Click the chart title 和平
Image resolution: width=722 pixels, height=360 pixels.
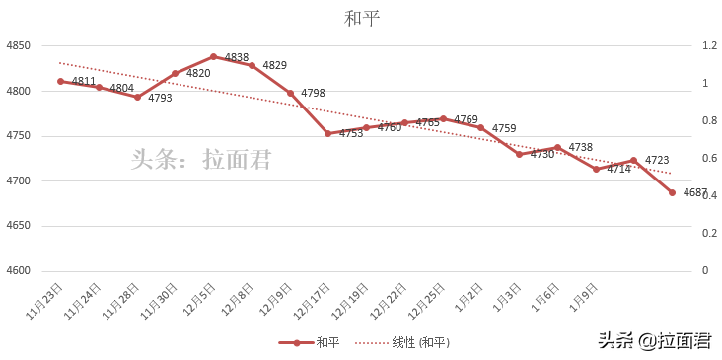pos(361,18)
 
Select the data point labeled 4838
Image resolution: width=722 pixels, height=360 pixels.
pos(213,56)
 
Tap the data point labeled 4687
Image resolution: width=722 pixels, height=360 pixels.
pos(672,192)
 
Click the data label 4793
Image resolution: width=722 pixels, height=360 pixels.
pos(160,98)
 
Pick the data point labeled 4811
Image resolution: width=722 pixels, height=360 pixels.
pos(60,81)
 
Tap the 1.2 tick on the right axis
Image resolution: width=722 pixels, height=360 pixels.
pos(709,46)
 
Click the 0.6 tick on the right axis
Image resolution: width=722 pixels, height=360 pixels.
pos(709,159)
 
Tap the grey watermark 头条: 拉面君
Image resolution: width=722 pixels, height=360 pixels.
pos(201,159)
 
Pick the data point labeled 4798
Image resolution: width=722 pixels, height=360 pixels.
pos(290,93)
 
